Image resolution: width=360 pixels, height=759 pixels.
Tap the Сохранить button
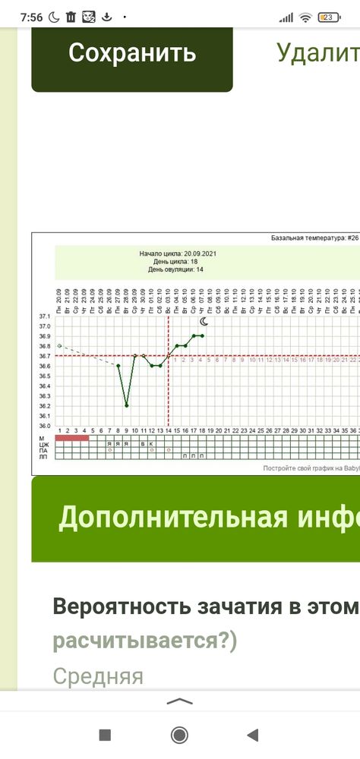click(x=132, y=53)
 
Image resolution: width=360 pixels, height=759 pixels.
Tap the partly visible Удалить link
click(x=317, y=53)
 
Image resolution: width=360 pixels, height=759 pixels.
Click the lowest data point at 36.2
click(x=126, y=405)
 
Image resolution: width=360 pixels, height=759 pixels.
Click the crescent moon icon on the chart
click(x=203, y=322)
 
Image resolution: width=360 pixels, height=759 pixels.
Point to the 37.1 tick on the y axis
click(x=44, y=316)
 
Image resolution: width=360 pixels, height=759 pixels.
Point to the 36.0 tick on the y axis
click(x=44, y=426)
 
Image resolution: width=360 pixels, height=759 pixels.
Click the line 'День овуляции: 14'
click(x=175, y=269)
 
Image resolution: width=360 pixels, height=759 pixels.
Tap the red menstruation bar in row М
click(x=72, y=438)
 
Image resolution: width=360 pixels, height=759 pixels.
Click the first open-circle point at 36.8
click(x=59, y=345)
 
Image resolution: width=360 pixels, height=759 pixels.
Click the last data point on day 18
click(x=202, y=335)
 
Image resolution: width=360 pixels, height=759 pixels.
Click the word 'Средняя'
click(x=98, y=676)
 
